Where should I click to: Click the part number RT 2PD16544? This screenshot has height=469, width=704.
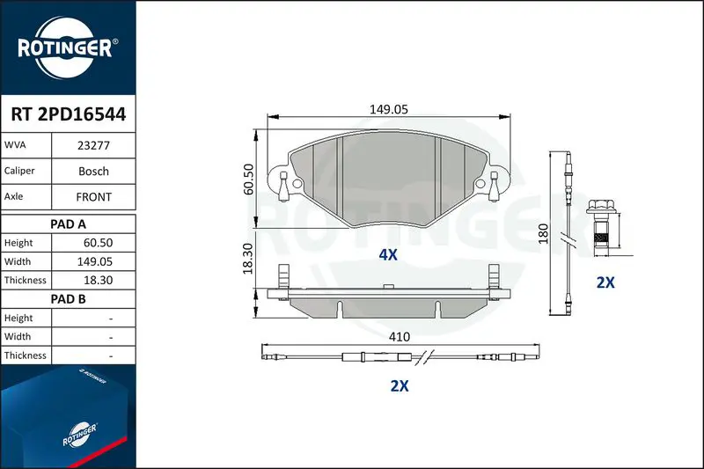pos(69,114)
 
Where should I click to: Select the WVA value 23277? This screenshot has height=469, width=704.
pos(93,145)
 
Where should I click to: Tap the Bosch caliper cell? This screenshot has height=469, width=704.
pos(93,171)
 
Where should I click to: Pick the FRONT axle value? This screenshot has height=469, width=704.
pos(93,196)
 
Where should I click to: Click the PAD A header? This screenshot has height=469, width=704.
pos(68,224)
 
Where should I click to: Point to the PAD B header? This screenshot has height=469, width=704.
pos(68,299)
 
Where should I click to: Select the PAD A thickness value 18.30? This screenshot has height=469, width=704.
pos(98,280)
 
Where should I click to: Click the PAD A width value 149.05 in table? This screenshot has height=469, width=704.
pos(95,261)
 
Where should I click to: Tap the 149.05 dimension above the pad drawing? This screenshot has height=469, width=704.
pos(389,109)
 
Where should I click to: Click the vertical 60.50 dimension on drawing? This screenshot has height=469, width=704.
pos(248,180)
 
